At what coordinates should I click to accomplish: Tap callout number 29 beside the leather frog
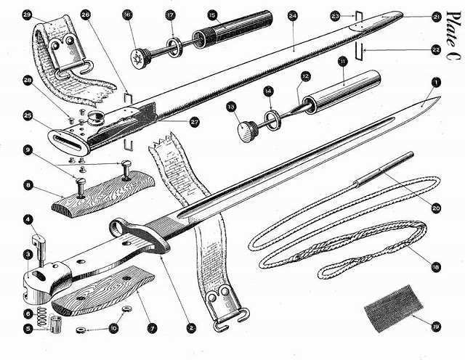point(28,14)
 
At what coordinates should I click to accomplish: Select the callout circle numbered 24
point(293,15)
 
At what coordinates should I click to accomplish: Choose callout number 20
point(436,208)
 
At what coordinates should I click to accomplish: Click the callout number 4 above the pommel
point(27,218)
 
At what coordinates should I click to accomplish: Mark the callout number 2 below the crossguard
point(191,327)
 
